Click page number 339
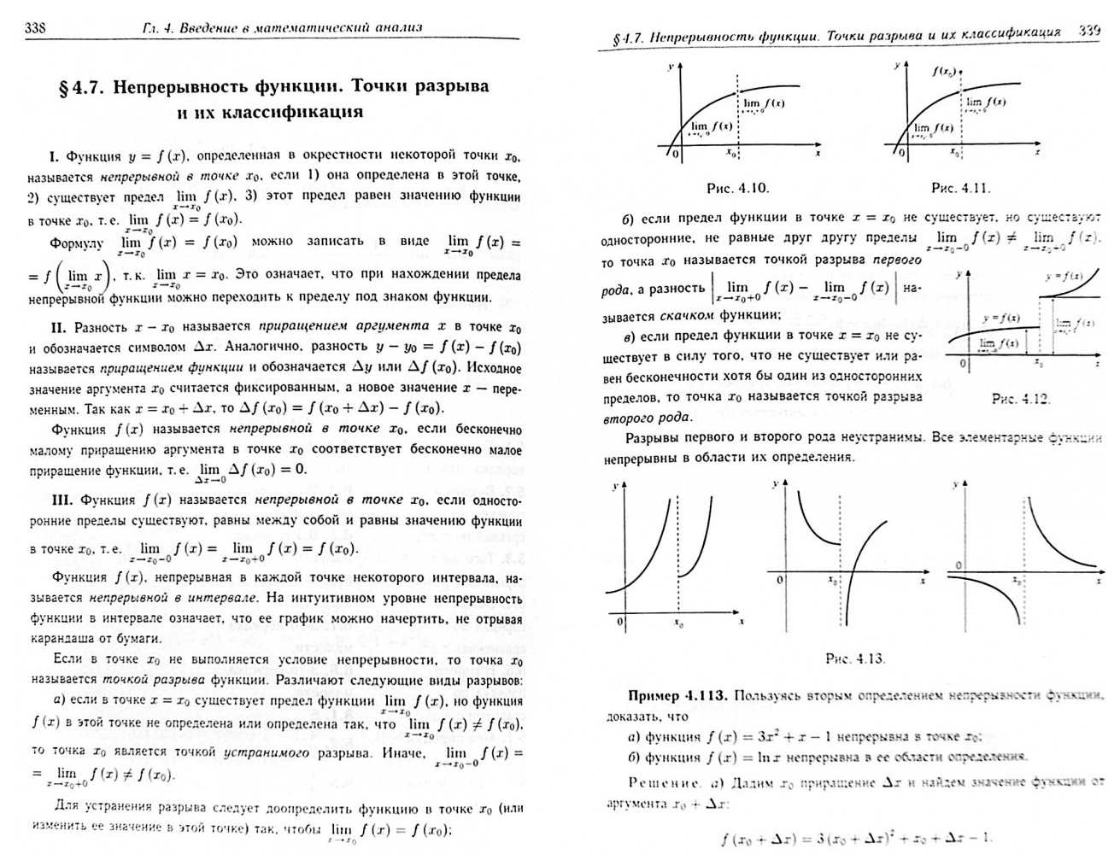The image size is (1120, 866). point(1088,30)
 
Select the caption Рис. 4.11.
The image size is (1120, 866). point(960,188)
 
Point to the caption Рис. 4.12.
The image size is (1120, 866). point(1020,399)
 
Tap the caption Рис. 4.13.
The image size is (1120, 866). point(855,658)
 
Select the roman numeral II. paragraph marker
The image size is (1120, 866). point(59,326)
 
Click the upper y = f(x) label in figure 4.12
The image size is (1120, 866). point(1064,277)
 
